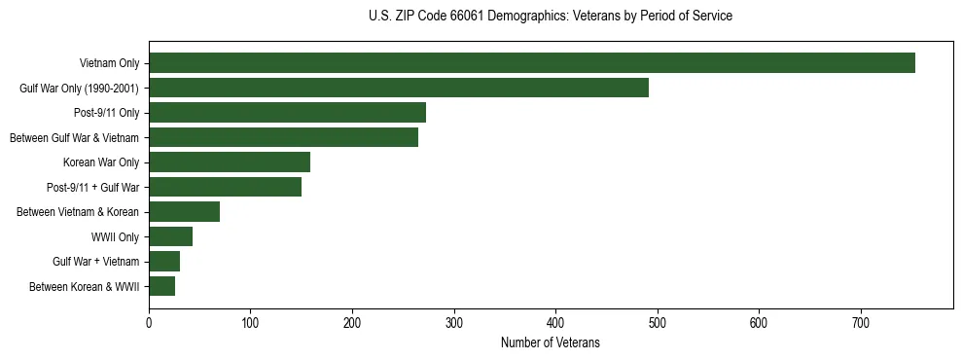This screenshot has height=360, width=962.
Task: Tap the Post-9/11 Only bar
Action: [x=287, y=113]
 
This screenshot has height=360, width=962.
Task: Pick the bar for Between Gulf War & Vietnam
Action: [x=283, y=137]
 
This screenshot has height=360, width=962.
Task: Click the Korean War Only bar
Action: [x=230, y=162]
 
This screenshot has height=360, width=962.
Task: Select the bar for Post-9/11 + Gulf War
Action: [x=225, y=187]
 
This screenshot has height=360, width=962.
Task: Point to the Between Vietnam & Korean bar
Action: [x=184, y=212]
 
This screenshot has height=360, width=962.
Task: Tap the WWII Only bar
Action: [x=170, y=236]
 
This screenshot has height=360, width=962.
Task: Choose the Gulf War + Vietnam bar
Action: [x=164, y=262]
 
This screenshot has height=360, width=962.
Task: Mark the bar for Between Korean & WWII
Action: [x=161, y=286]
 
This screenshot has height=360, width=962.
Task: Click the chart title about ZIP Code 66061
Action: [x=551, y=17]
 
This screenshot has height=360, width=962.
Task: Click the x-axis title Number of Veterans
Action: [x=551, y=343]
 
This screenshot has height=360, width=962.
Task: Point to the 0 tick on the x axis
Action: [x=149, y=323]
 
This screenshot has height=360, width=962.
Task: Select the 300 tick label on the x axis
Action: [x=454, y=323]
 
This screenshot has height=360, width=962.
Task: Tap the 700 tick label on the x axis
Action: [x=861, y=323]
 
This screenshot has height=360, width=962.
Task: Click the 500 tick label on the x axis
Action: [x=658, y=323]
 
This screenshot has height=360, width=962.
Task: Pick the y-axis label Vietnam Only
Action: [x=109, y=64]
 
